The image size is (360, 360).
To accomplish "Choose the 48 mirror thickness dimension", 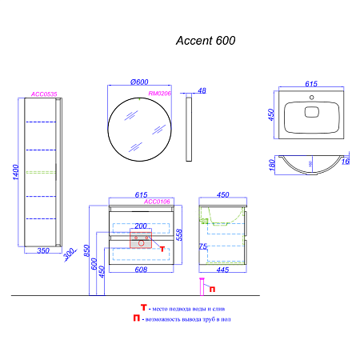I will click(x=202, y=91).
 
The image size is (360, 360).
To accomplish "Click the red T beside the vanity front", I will click(x=162, y=248).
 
